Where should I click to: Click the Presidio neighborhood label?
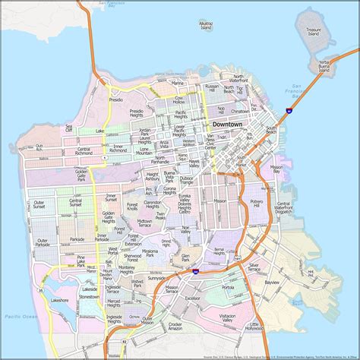point(116,99)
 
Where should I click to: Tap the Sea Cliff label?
point(69,128)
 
